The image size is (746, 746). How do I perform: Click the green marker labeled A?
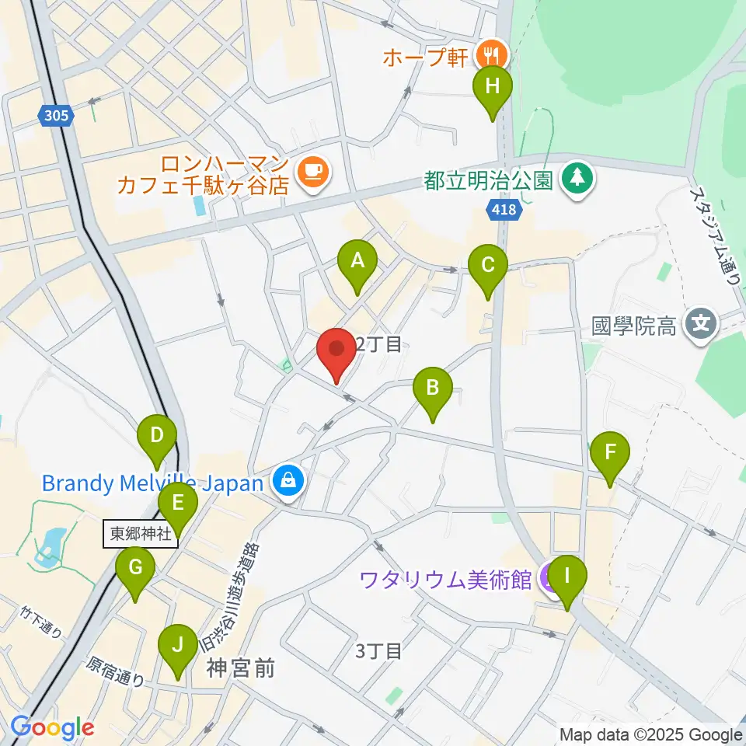coord(357,262)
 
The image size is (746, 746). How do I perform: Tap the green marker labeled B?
coord(433,389)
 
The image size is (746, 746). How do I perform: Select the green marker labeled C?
coord(487,266)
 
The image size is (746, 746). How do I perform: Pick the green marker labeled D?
coord(157,436)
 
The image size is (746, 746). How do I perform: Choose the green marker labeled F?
coord(610,452)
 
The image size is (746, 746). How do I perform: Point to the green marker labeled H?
coord(492,87)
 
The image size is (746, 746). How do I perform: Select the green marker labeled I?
coord(567,577)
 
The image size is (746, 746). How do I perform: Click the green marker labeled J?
coord(178,646)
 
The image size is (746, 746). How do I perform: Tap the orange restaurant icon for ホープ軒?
coord(491,54)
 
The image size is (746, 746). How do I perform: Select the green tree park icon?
coord(576,180)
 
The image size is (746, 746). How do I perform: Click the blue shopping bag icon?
coord(288,482)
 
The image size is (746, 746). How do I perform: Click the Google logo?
coord(52,728)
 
